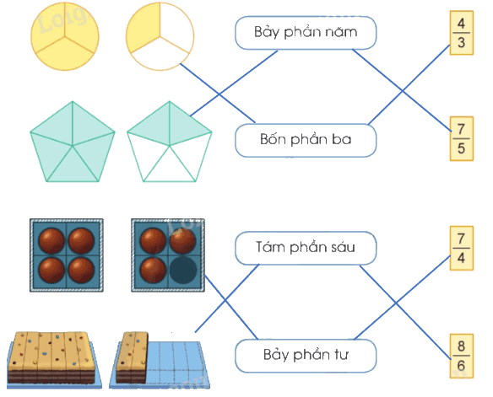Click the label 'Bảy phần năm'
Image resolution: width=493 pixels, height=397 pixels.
click(x=306, y=33)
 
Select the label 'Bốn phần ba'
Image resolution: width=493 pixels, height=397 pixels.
click(x=306, y=140)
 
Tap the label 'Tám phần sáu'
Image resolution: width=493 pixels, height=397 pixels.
click(x=306, y=248)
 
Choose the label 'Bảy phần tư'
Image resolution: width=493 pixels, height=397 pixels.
click(x=306, y=356)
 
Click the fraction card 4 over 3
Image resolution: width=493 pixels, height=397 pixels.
click(x=461, y=33)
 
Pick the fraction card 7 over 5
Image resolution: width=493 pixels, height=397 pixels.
click(x=461, y=138)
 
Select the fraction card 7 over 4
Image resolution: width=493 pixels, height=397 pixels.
click(x=461, y=248)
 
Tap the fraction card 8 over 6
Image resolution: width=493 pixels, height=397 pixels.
click(x=461, y=356)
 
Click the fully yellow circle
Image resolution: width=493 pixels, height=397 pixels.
click(x=65, y=36)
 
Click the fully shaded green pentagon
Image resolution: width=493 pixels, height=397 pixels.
click(x=73, y=142)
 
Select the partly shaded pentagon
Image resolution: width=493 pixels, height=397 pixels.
click(x=169, y=142)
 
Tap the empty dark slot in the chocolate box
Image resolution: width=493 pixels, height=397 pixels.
click(x=183, y=270)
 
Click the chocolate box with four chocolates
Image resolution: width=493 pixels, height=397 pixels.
click(x=67, y=255)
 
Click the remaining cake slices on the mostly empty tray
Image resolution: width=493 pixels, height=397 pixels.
click(x=132, y=357)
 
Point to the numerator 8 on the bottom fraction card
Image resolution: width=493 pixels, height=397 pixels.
click(x=461, y=346)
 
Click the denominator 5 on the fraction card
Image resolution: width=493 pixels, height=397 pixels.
click(x=461, y=148)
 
